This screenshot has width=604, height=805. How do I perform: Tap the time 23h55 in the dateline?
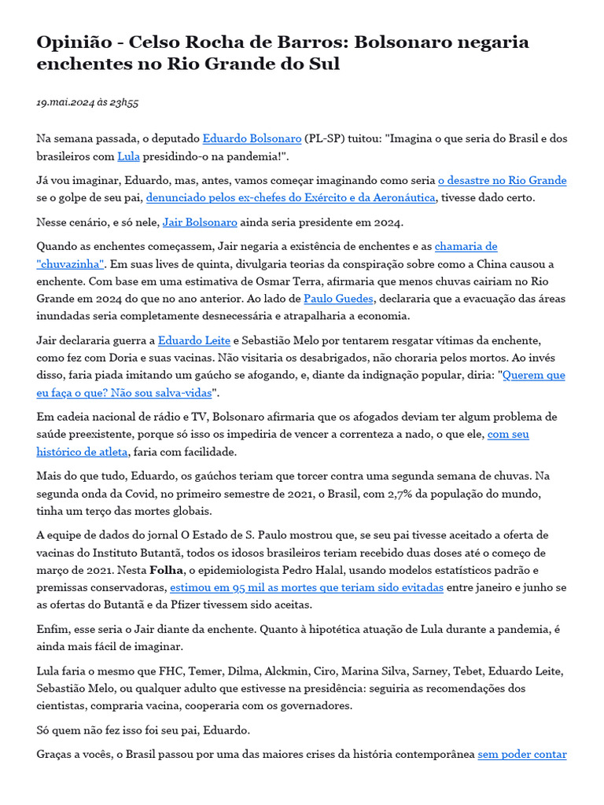click(x=124, y=103)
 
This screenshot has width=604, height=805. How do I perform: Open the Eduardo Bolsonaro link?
click(x=252, y=138)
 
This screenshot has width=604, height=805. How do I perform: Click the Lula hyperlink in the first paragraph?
click(x=128, y=156)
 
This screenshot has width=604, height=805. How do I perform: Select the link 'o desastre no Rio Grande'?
click(x=502, y=181)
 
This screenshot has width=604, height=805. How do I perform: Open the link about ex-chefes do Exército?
click(x=290, y=198)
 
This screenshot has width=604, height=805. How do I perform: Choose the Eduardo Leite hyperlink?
click(x=193, y=341)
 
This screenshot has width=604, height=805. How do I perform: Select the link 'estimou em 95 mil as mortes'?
click(x=307, y=587)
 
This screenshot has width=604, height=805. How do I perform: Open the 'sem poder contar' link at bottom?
click(x=522, y=755)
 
